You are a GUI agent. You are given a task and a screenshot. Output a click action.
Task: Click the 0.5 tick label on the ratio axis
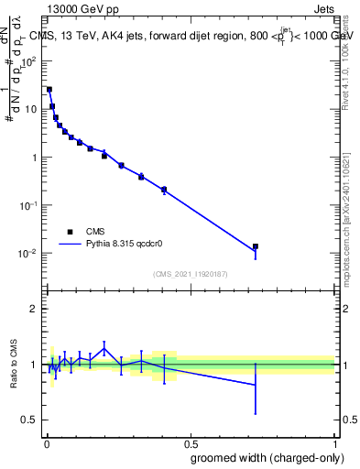31,420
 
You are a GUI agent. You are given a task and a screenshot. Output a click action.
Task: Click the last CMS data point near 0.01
256,246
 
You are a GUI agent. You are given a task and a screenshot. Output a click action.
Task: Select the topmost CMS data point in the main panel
49,89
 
